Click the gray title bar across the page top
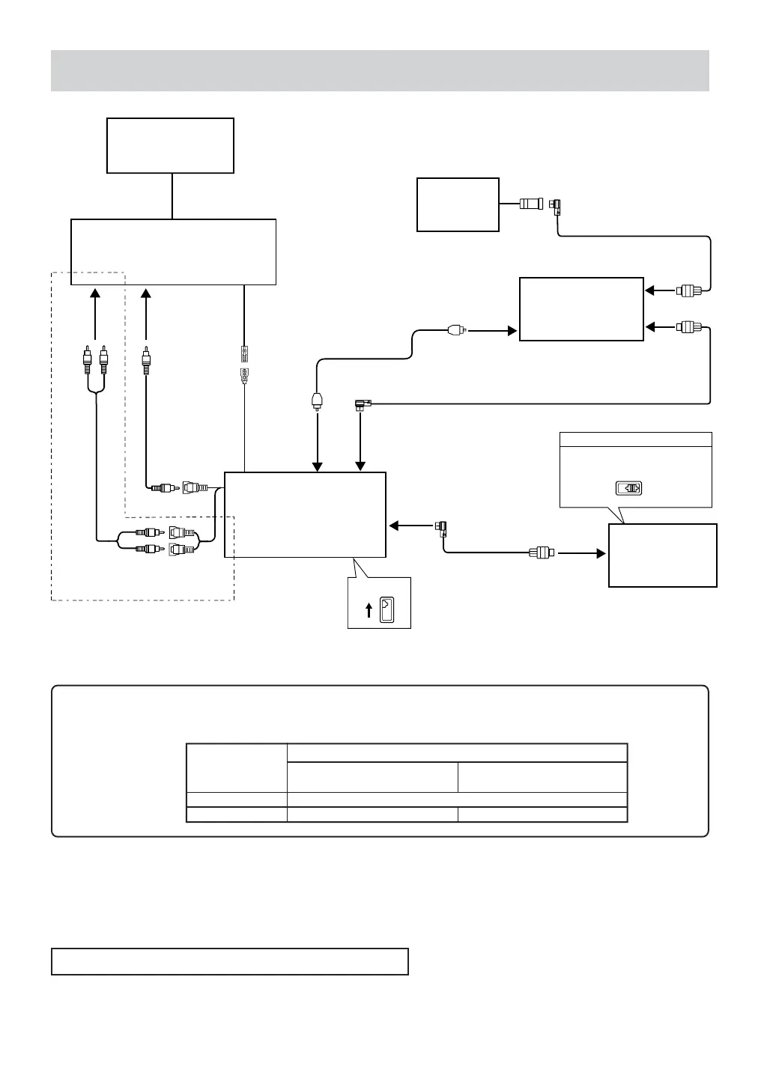(380, 70)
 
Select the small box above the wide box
(170, 145)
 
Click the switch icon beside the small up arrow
(386, 609)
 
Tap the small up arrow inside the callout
(368, 610)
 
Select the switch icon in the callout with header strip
(628, 489)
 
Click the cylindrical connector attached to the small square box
(531, 203)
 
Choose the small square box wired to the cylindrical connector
(458, 204)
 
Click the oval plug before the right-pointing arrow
(456, 329)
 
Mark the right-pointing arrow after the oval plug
(494, 330)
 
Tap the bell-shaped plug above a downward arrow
(318, 402)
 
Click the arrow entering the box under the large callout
(580, 554)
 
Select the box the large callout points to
(663, 555)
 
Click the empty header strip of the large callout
(635, 439)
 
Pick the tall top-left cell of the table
(237, 767)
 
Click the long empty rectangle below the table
(229, 961)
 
